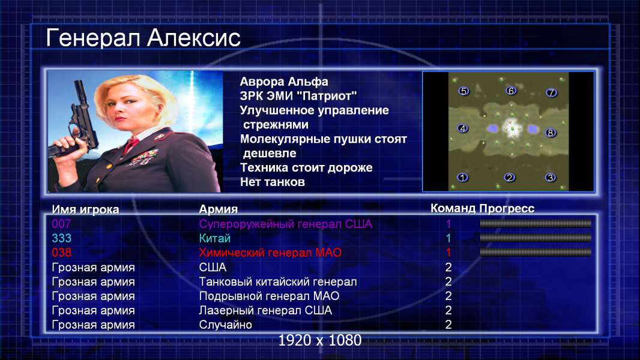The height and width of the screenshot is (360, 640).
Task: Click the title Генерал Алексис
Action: [143, 38]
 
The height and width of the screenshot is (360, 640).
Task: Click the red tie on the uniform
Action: [131, 145]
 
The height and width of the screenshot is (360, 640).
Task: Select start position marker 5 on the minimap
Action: [463, 91]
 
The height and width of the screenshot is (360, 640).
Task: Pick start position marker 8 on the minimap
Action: [551, 133]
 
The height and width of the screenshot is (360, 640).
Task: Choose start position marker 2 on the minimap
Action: [509, 178]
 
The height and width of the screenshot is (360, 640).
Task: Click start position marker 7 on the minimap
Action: [551, 93]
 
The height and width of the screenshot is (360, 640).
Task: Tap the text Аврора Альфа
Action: [283, 82]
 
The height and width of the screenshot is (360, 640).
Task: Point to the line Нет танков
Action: [272, 182]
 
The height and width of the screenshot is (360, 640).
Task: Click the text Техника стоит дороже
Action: [306, 167]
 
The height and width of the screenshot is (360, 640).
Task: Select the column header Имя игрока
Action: [85, 209]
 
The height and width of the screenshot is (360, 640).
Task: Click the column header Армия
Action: [218, 209]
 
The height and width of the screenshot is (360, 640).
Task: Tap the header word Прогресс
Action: [507, 209]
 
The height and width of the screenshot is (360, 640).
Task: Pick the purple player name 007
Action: [61, 224]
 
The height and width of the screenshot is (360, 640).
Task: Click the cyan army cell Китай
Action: [215, 238]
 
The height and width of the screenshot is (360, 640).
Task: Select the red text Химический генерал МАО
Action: [270, 253]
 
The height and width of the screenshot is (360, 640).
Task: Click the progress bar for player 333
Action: [536, 238]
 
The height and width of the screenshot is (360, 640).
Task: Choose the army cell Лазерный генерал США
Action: [265, 311]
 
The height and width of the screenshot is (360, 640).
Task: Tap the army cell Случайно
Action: [225, 325]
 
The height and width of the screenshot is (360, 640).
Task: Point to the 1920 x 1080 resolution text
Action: [320, 340]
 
